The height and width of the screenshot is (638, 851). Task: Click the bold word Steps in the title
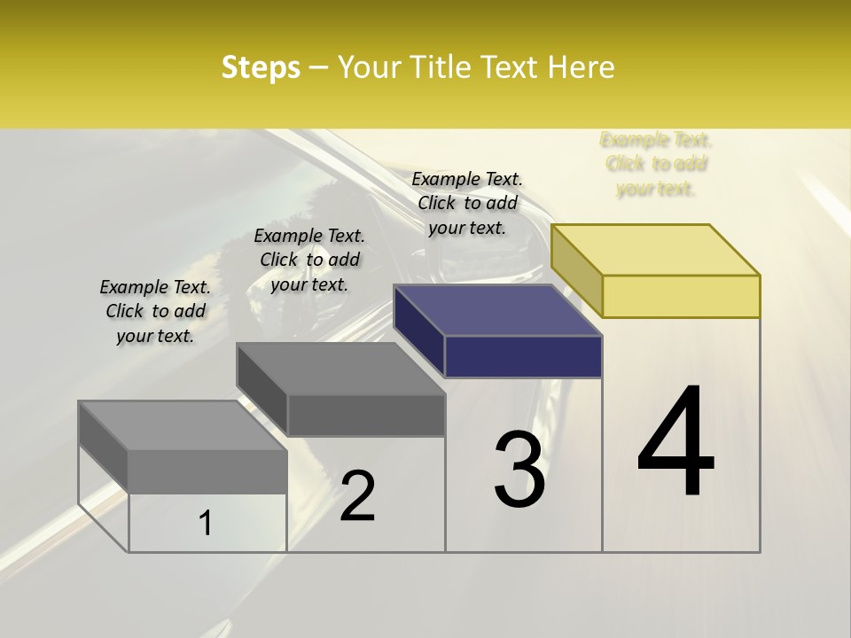261,67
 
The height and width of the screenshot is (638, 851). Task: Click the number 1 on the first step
206,523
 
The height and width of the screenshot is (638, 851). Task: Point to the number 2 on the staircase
357,496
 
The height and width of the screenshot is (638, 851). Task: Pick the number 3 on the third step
519,470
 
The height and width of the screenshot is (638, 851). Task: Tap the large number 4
675,443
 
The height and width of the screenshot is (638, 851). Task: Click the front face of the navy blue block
523,357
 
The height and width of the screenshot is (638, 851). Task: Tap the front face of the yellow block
681,296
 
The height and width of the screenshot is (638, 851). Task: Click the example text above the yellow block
656,164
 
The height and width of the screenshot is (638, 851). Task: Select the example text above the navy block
467,203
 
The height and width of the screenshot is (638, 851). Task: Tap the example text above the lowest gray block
155,311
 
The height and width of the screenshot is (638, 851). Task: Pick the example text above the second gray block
309,260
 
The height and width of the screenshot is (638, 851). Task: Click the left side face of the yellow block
576,270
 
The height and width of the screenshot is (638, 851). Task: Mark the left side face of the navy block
418,331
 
